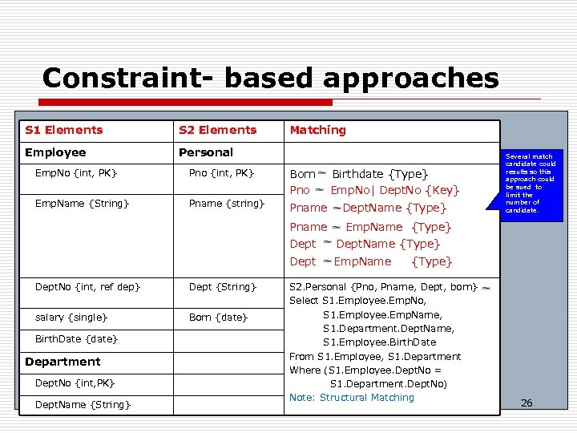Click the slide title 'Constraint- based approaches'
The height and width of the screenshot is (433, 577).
270,79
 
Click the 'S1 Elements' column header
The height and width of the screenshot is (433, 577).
64,130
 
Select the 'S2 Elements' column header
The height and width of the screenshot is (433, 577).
217,130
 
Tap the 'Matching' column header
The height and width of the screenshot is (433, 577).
317,130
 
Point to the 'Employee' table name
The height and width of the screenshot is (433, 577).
55,152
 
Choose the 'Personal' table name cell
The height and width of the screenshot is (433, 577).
206,152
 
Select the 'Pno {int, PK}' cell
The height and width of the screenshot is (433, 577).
221,173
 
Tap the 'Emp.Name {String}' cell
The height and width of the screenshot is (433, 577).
83,204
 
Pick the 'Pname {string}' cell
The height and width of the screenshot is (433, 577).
226,204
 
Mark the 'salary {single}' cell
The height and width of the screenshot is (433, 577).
72,318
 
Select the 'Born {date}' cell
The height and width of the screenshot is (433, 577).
218,318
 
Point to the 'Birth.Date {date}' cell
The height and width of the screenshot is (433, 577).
76,339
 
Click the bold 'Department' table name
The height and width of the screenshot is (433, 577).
63,362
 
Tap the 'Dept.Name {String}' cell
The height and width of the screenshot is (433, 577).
83,405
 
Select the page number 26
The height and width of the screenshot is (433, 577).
527,403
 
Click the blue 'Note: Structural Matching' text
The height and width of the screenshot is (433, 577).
352,398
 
